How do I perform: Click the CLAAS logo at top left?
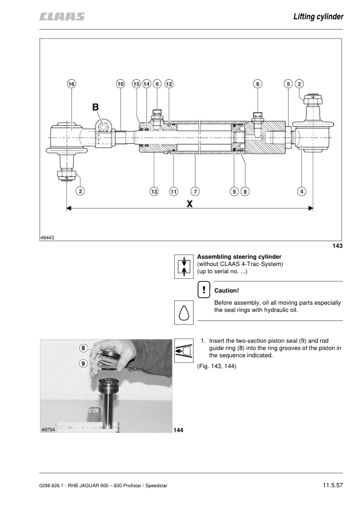coord(62,16)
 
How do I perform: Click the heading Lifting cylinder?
coord(318,16)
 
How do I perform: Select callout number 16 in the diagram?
coord(71,84)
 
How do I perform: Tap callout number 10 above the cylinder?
coord(120,84)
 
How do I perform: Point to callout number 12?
coord(169,84)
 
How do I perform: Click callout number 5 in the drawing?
coord(288,84)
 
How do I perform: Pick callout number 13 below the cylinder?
coord(154,192)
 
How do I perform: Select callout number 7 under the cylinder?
coord(195,192)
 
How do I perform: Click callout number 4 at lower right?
coord(301,192)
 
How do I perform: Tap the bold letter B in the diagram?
coord(96,107)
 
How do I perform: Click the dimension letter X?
coord(189,204)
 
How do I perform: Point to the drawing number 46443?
coord(47,238)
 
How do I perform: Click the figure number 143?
coord(337,246)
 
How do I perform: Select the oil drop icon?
coord(184,313)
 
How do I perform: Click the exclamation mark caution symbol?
coord(204,290)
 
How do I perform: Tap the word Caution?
coord(226,291)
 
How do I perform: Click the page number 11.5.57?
coord(333,485)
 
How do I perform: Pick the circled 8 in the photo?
coord(83,348)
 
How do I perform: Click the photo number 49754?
coord(48,430)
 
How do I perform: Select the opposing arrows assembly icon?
coord(184,267)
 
